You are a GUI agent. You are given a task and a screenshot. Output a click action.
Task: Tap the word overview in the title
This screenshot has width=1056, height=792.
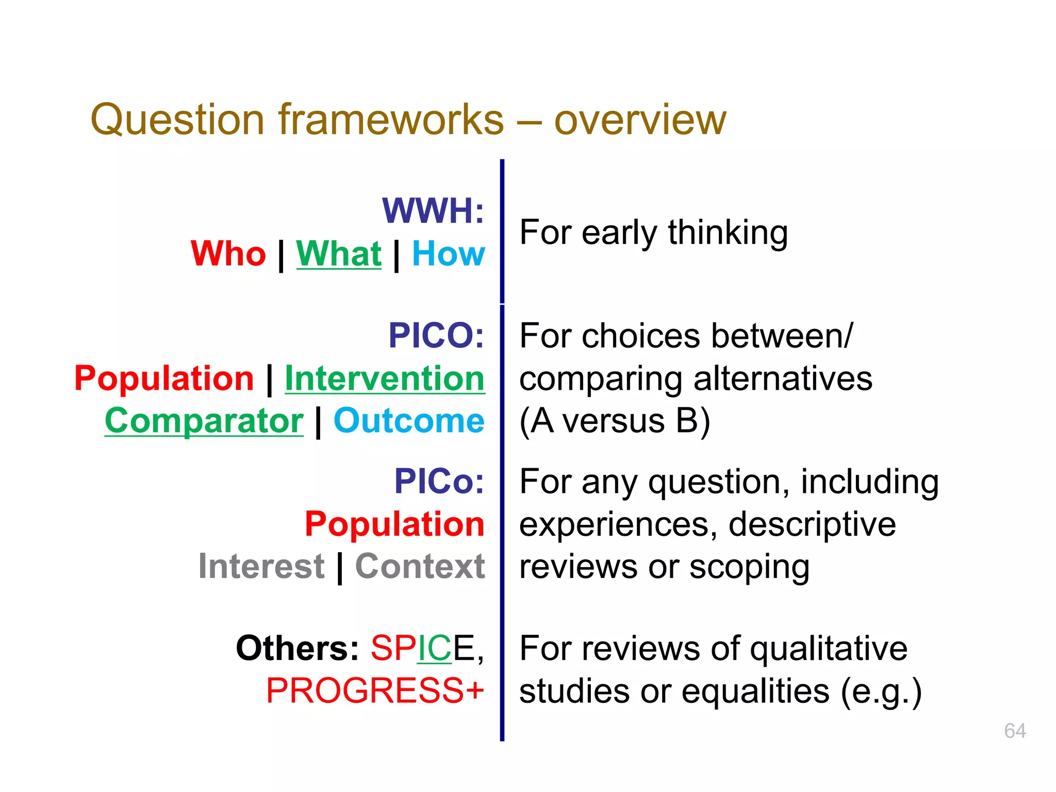[x=640, y=120]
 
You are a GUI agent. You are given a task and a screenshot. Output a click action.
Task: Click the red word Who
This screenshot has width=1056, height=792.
[x=228, y=254]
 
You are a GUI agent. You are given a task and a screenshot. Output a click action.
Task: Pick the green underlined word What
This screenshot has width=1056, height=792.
[x=339, y=254]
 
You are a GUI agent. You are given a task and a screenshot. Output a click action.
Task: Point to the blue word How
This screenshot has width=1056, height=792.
[x=449, y=254]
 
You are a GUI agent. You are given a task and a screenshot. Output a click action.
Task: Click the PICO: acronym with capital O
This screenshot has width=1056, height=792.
[x=436, y=335]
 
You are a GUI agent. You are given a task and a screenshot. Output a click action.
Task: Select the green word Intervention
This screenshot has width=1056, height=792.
[x=385, y=378]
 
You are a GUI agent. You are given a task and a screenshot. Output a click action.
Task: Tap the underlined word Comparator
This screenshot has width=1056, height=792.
[x=204, y=421]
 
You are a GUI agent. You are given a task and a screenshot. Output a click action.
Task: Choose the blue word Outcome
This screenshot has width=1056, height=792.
[x=409, y=421]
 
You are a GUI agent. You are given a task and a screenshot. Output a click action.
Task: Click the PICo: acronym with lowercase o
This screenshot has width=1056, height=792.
[x=439, y=481]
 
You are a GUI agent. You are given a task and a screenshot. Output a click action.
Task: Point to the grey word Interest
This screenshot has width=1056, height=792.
[x=261, y=566]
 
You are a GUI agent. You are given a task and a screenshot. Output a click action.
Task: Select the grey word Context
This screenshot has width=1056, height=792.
[x=420, y=566]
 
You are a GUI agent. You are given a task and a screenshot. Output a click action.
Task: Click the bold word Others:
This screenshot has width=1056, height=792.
[x=297, y=648]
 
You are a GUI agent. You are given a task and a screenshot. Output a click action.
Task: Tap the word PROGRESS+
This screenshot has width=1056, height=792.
[x=375, y=691]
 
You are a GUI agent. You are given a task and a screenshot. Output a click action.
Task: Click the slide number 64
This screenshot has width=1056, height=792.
[x=1015, y=731]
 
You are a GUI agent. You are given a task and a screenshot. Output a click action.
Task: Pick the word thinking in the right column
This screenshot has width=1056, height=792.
[x=728, y=233]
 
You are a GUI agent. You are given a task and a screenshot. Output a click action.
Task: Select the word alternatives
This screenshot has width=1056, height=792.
[x=783, y=379]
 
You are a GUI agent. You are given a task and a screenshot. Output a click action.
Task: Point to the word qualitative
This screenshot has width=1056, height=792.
[x=828, y=649]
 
